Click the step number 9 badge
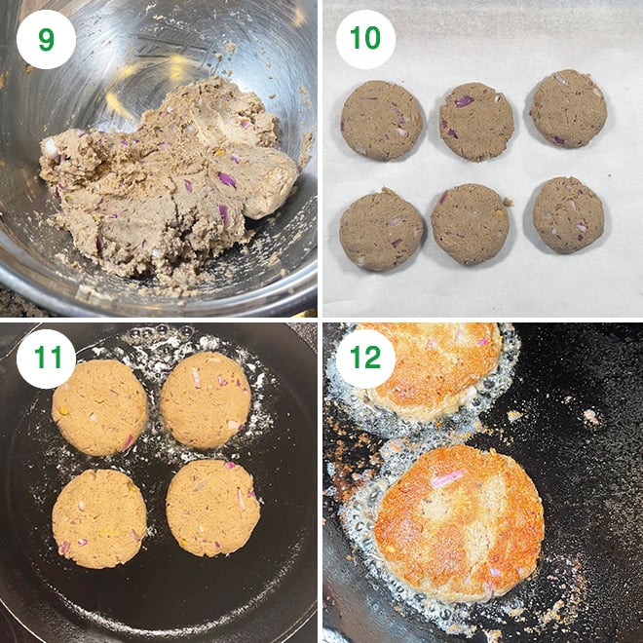pyautogui.click(x=46, y=39)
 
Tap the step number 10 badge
pyautogui.click(x=365, y=39)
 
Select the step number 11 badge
pyautogui.click(x=46, y=359)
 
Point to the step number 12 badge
pyautogui.click(x=365, y=359)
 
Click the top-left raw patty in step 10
pyautogui.click(x=382, y=120)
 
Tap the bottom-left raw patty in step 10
pyautogui.click(x=381, y=230)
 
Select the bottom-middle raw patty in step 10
pyautogui.click(x=470, y=224)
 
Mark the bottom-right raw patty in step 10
pyautogui.click(x=568, y=215)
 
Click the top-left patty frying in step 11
pyautogui.click(x=99, y=407)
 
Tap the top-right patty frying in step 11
pyautogui.click(x=206, y=399)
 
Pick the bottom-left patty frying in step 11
pyautogui.click(x=99, y=518)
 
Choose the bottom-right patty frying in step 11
pyautogui.click(x=212, y=509)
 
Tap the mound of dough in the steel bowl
pyautogui.click(x=169, y=180)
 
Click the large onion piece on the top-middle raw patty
pyautogui.click(x=464, y=101)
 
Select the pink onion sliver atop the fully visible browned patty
pyautogui.click(x=448, y=478)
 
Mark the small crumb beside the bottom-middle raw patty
pyautogui.click(x=509, y=202)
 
